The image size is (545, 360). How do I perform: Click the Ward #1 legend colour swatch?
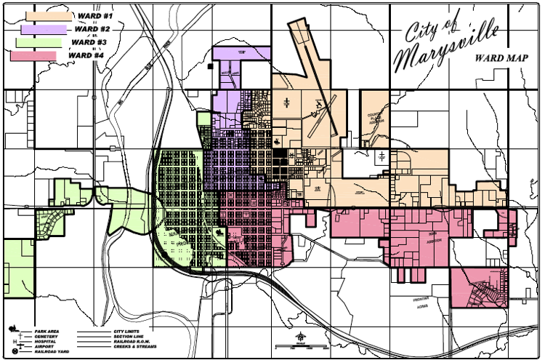pos(49,15)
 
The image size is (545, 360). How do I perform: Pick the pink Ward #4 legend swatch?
pos(33,55)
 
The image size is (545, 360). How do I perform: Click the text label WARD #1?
pos(94,16)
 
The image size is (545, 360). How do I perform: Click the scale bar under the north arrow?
pos(301,348)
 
